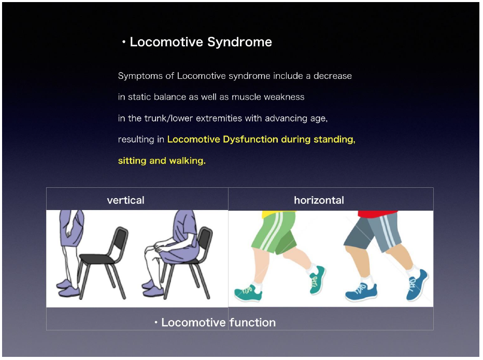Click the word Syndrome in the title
pyautogui.click(x=239, y=42)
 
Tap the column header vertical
pyautogui.click(x=126, y=200)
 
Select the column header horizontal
pyautogui.click(x=319, y=200)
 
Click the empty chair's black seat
pyautogui.click(x=97, y=258)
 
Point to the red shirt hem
pyautogui.click(x=378, y=214)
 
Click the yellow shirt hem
pyautogui.click(x=277, y=213)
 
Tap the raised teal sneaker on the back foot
pyautogui.click(x=317, y=280)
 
